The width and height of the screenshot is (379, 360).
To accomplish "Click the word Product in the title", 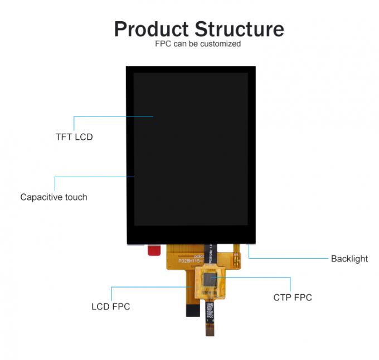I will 151,29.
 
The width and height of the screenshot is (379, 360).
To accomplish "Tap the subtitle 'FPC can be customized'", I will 198,43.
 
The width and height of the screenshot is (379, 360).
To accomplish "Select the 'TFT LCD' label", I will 74,137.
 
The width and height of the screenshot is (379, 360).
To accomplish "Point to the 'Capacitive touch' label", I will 54,197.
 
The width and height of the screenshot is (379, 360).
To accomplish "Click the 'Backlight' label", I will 349,259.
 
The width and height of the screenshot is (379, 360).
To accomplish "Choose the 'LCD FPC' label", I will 110,307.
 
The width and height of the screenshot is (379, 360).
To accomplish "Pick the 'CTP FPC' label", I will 292,298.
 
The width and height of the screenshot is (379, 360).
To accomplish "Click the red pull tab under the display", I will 154,250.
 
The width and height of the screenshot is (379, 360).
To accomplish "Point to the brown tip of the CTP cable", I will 210,330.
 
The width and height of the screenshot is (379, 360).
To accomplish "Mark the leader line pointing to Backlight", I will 290,259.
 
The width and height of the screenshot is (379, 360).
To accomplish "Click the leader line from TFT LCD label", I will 111,116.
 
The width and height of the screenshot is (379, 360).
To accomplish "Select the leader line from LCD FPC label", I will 150,287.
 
